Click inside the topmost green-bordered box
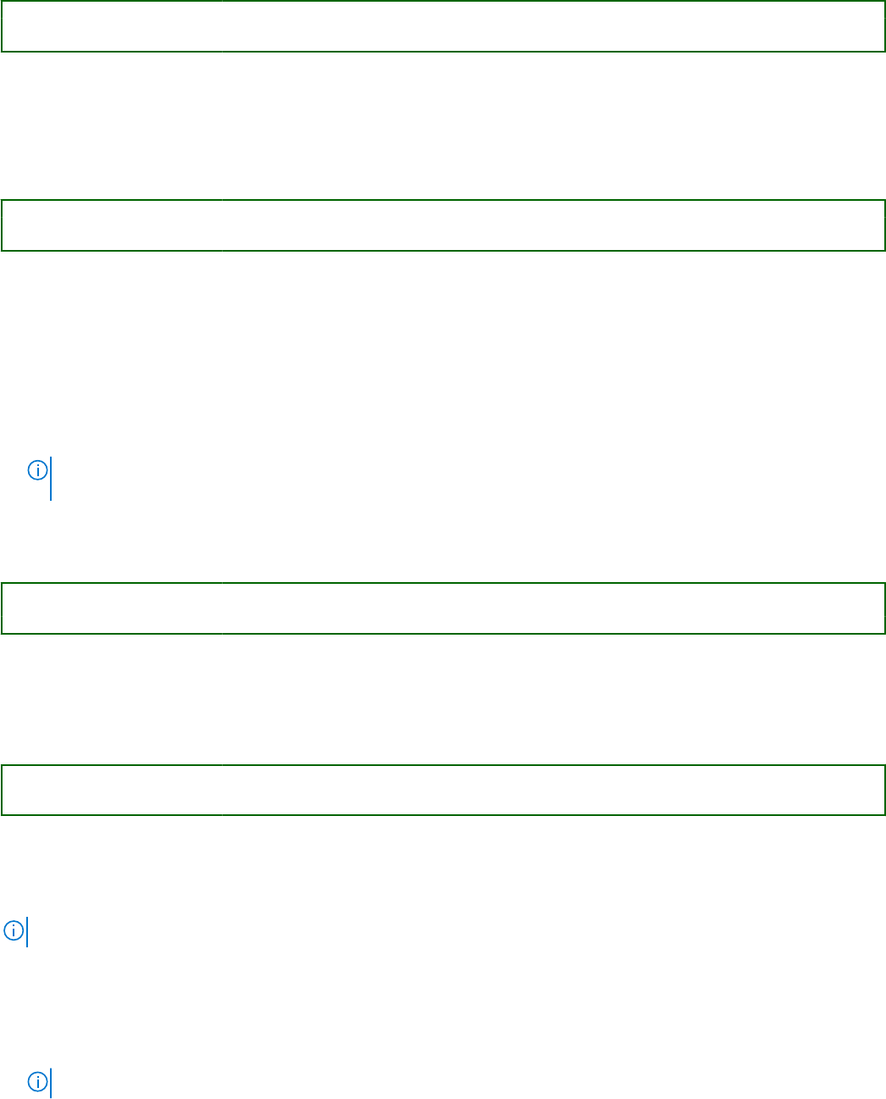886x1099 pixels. pos(443,26)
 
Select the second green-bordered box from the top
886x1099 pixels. pos(443,225)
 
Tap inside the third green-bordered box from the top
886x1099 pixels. pos(443,608)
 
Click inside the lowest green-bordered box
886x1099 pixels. pos(443,790)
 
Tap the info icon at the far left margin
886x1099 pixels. pos(13,930)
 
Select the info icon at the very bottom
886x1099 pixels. pos(37,1081)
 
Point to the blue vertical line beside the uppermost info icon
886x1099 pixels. pos(51,479)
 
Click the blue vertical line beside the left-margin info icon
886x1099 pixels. pos(27,932)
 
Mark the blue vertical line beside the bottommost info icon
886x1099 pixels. pos(51,1083)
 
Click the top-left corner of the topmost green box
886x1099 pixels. pos(2,2)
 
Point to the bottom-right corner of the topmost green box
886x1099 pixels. pos(884,51)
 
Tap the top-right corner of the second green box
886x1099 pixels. pos(884,201)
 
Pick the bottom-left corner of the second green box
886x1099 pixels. pos(2,250)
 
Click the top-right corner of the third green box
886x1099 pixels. pos(884,584)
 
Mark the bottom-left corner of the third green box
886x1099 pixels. pos(2,633)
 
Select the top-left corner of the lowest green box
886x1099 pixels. pos(2,766)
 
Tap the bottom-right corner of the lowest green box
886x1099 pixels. pos(884,814)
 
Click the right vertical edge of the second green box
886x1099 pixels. pos(884,225)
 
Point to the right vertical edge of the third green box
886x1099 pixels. pos(884,608)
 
